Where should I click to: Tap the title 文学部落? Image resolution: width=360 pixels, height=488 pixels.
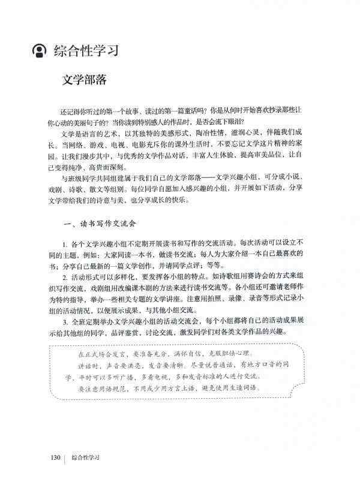click(85, 80)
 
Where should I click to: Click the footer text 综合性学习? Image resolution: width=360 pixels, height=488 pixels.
click(85, 458)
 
